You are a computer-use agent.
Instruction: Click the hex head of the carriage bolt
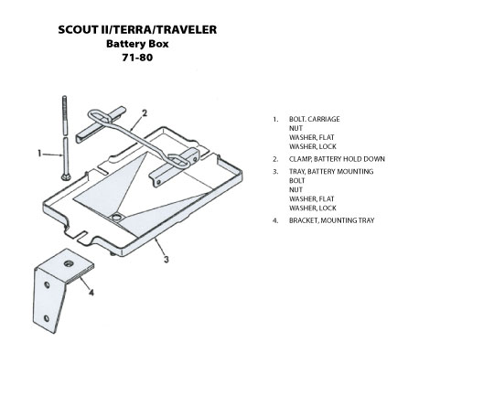click(66, 176)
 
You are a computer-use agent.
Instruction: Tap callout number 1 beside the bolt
click(39, 154)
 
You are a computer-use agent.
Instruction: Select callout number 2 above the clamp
click(145, 113)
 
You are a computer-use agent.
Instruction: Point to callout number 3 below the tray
click(166, 260)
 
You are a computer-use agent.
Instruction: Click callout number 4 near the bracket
click(91, 293)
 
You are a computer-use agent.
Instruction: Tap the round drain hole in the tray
click(117, 217)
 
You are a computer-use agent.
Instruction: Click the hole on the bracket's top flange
click(69, 263)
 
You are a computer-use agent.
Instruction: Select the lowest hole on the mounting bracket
click(47, 318)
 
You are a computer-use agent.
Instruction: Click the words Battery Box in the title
click(137, 44)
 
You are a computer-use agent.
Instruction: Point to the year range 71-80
click(137, 58)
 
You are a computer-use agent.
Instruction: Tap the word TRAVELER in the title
click(188, 29)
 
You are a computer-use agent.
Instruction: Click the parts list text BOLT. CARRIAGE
click(315, 119)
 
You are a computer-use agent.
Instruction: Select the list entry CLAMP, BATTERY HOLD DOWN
click(337, 159)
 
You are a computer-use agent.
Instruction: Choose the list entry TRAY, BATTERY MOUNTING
click(331, 171)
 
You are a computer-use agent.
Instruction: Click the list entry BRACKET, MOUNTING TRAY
click(331, 220)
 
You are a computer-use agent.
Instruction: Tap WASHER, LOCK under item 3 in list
click(313, 208)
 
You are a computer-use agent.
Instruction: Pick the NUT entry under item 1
click(295, 128)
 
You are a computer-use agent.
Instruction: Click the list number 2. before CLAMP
click(275, 159)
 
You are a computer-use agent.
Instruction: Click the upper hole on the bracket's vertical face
click(47, 285)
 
